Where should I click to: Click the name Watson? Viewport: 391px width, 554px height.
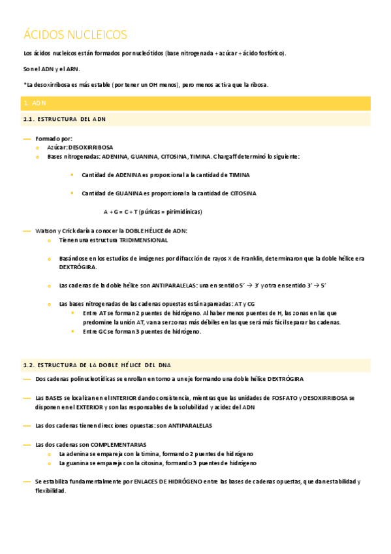coord(46,231)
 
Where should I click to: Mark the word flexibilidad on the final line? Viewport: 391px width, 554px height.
coord(50,491)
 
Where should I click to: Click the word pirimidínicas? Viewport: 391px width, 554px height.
coord(183,212)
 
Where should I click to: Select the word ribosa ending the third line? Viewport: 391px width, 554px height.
coord(258,85)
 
